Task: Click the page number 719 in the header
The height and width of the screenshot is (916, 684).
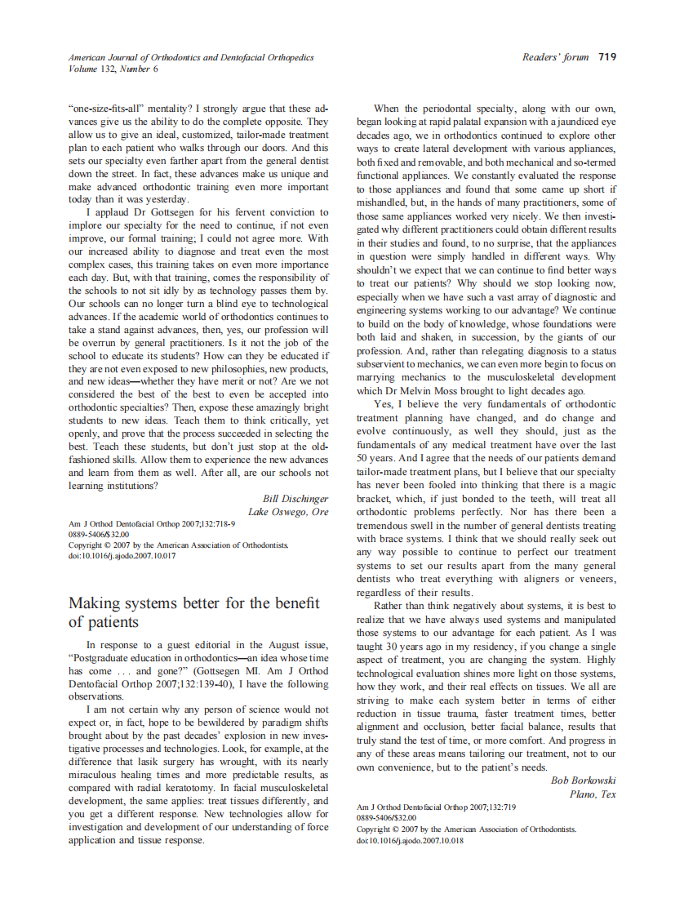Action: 606,57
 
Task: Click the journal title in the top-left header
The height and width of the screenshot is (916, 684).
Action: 191,58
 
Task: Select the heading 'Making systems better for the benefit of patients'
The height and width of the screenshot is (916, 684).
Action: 193,612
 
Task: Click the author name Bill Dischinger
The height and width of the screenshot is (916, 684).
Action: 295,498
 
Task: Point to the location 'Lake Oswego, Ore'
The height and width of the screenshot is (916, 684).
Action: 288,512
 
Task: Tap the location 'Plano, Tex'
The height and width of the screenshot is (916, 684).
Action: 593,794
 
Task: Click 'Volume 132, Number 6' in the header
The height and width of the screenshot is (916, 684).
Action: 113,69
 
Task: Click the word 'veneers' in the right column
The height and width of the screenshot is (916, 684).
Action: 597,579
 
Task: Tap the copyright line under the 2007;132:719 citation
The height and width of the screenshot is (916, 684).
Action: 466,829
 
